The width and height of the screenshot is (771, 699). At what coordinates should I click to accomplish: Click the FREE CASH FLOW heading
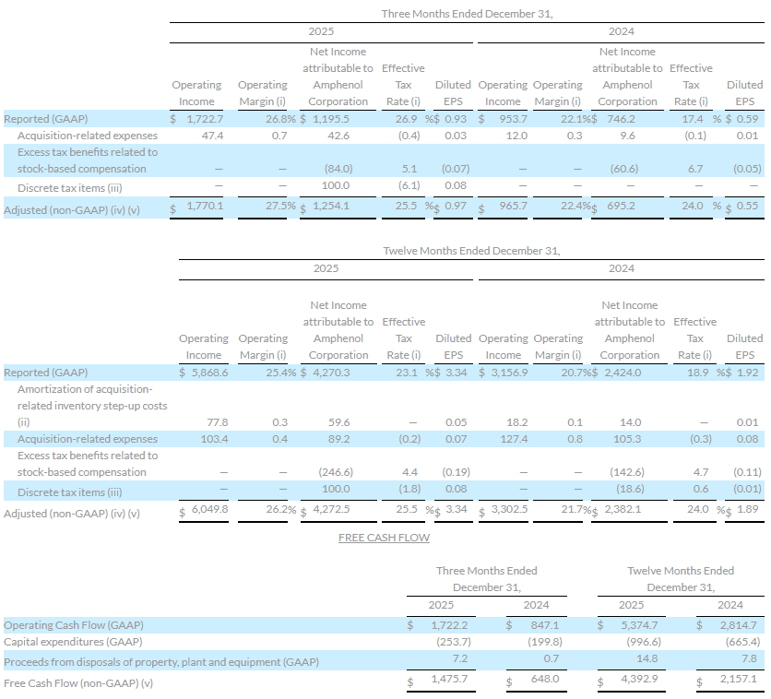click(384, 537)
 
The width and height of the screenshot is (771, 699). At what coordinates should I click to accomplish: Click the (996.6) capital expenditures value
click(642, 642)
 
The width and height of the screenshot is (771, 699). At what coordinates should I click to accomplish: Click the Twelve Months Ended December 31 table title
click(471, 250)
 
